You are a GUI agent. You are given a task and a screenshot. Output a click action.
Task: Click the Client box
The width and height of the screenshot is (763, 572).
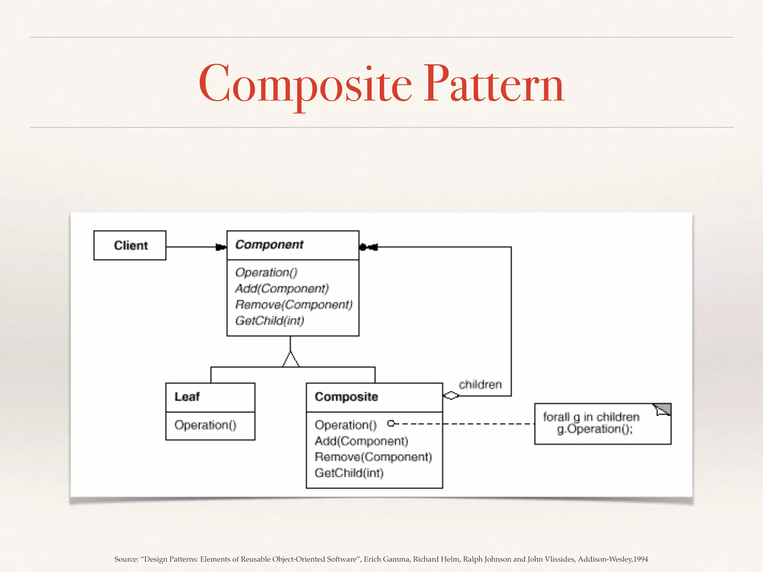tap(130, 245)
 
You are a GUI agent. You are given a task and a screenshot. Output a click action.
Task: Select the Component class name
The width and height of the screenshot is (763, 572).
tap(269, 245)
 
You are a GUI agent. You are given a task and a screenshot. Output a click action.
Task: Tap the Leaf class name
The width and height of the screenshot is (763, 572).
tap(187, 397)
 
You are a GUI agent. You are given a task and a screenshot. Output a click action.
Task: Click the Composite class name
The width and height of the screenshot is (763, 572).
tap(346, 397)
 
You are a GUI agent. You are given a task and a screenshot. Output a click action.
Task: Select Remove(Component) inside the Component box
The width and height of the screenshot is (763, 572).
tap(294, 305)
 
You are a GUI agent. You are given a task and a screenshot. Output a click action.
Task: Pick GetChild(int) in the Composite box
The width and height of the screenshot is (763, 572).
tap(349, 473)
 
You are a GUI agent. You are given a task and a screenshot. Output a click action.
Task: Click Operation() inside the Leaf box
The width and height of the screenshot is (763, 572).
tap(205, 425)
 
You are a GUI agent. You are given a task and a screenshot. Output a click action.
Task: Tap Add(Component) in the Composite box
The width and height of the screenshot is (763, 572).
tap(361, 441)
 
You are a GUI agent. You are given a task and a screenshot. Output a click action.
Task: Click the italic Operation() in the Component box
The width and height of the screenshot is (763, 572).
tap(266, 273)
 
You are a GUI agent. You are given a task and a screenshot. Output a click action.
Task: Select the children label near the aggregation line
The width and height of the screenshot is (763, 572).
tap(480, 384)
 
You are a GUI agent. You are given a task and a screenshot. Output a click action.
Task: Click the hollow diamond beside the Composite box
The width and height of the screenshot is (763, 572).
tap(451, 395)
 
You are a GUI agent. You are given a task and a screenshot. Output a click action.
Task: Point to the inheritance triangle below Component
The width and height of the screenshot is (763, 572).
tap(291, 359)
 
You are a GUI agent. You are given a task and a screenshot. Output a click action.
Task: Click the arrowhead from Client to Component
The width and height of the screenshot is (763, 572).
tap(221, 247)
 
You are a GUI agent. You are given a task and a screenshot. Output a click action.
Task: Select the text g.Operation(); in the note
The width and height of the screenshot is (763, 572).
tap(595, 429)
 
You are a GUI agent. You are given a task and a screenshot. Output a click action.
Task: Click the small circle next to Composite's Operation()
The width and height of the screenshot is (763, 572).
tap(391, 423)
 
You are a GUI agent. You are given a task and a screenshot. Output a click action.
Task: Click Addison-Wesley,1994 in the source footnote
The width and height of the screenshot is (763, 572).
tap(613, 559)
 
